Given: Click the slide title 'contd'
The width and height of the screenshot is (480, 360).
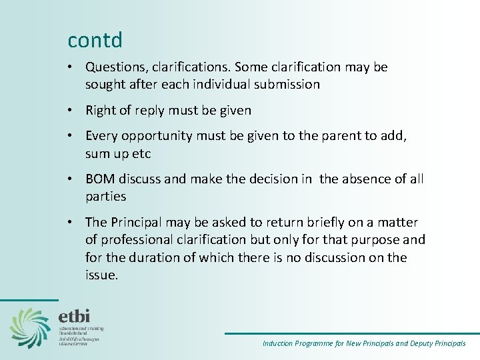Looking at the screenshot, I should [x=95, y=40].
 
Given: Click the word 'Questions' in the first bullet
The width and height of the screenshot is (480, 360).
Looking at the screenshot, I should [x=116, y=67].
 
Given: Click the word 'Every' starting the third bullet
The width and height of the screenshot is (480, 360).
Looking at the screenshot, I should [x=102, y=137].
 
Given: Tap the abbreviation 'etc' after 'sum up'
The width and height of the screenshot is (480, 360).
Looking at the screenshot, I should [x=143, y=154].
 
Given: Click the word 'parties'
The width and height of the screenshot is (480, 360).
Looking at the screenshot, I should [x=105, y=197].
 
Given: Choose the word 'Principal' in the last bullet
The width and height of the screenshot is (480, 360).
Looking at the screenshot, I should [x=137, y=223].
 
